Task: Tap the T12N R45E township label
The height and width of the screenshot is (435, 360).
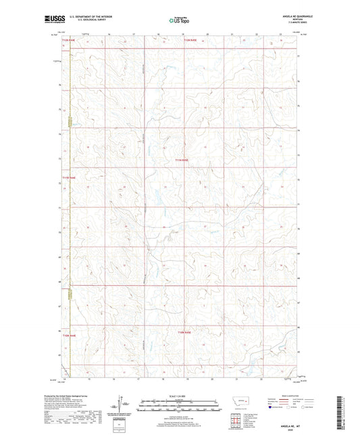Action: pyautogui.click(x=192, y=40)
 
